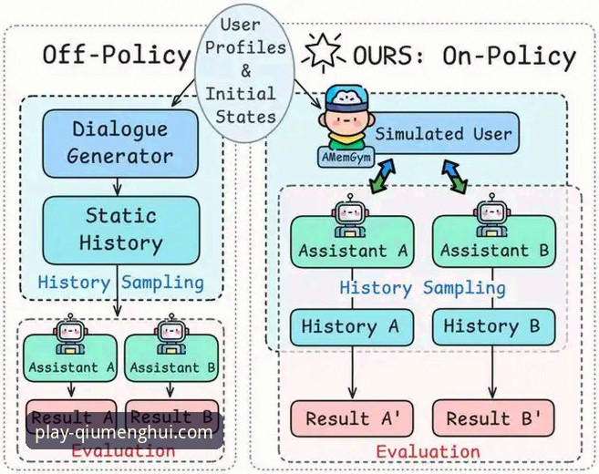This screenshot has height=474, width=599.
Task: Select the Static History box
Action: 121,230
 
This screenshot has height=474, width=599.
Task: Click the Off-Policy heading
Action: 116,56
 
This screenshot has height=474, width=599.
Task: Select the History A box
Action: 352,326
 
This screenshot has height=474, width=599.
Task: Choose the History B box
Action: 492,326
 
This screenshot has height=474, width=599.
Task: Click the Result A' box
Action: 352,418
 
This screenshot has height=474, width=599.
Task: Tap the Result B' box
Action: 492,418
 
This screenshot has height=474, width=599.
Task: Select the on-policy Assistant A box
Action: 352,248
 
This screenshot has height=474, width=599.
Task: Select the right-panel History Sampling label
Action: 422,288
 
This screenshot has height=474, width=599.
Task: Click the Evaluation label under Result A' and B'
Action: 428,451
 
